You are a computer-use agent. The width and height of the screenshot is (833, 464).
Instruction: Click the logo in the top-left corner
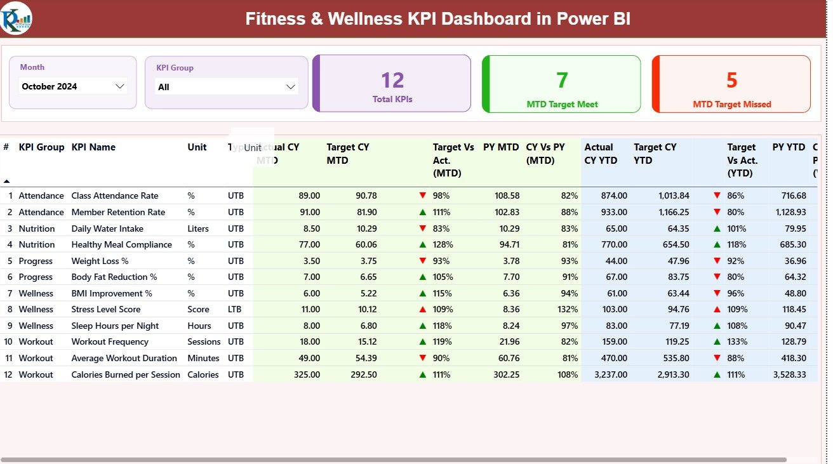coord(16,18)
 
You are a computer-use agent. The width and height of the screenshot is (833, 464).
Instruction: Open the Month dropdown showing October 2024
coord(72,86)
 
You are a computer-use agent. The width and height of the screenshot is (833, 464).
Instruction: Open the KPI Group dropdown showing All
coord(227,87)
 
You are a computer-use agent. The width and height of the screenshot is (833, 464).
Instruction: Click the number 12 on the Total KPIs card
coord(392,81)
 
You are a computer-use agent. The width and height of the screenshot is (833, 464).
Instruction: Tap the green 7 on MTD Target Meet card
coord(562,81)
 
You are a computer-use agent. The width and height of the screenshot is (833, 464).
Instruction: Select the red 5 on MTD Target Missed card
coord(731,81)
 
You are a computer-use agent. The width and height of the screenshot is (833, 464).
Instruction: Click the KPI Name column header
coord(93,147)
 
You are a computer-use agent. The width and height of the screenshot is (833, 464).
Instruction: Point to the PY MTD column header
coord(501,147)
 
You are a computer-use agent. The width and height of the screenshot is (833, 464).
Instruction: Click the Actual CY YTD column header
coord(601,154)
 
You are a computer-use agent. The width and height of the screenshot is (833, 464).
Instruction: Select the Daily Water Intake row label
coord(107,229)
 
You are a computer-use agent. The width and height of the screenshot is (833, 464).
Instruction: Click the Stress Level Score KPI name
coord(106,309)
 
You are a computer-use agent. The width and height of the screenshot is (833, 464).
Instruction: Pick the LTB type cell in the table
coord(236,309)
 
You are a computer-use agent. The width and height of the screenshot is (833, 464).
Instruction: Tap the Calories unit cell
coord(203,375)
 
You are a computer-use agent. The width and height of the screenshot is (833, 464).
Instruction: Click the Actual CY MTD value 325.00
coord(307,375)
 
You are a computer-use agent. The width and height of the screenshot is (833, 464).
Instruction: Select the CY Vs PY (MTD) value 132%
coord(567,309)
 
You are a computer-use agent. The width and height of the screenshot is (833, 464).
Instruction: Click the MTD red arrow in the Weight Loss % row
coord(423,261)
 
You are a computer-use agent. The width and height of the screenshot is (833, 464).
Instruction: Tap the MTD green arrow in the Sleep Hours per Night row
coord(423,326)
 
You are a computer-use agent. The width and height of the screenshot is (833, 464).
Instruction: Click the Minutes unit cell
coord(203,358)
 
